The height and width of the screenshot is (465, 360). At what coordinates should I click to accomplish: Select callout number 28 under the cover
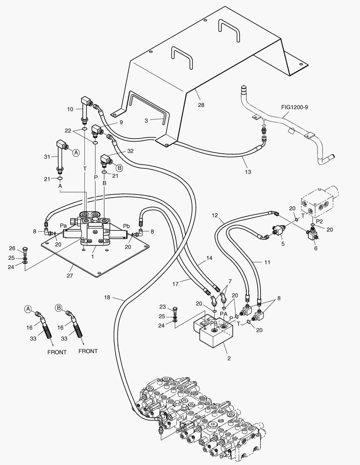201,105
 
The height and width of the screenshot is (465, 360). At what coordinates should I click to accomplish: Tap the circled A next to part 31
76,152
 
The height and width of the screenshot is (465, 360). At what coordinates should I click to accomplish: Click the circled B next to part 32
119,167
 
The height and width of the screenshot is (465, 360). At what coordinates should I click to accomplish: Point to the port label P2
319,221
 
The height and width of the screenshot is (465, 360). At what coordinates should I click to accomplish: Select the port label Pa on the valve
63,225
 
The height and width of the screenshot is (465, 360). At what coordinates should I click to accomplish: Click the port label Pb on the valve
127,226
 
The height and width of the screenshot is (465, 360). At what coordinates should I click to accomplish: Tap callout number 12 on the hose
215,214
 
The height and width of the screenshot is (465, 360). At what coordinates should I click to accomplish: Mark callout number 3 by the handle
146,121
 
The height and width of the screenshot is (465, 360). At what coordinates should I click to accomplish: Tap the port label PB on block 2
214,323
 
